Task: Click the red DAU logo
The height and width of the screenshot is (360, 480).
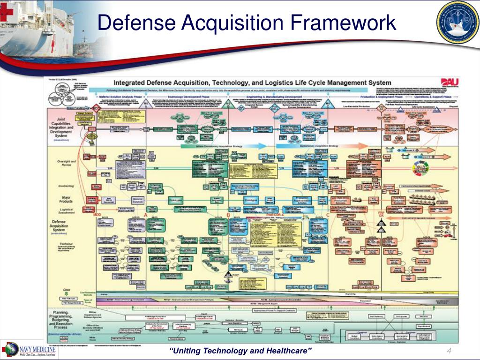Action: point(449,82)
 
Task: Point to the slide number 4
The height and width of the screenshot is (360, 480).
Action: point(449,352)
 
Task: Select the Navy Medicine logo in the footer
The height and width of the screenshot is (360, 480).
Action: point(31,350)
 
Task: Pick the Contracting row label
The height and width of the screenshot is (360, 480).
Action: point(66,186)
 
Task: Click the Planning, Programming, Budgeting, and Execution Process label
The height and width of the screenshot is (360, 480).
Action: point(62,320)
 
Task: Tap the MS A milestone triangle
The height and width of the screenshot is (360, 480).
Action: point(146,104)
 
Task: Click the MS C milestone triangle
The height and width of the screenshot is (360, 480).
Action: point(328,104)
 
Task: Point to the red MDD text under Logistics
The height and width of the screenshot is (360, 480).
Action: point(97,215)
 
